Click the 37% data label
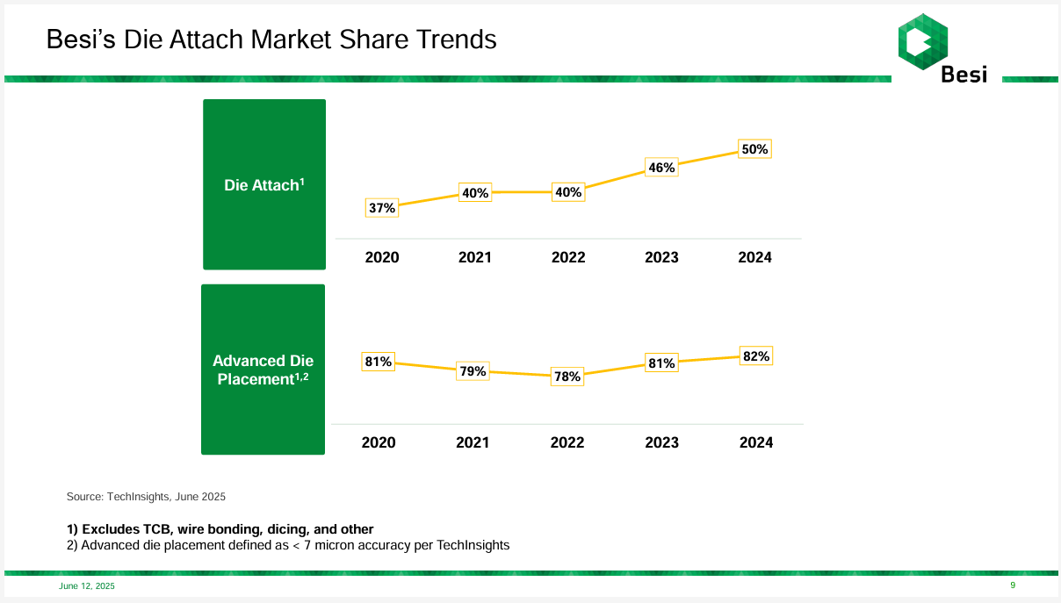[382, 208]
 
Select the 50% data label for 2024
[754, 149]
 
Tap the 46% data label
[661, 167]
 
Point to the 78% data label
[567, 377]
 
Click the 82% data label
[756, 356]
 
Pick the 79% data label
[473, 371]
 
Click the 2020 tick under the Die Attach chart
[382, 257]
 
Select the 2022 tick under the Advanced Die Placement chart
[567, 442]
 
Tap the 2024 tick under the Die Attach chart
[754, 257]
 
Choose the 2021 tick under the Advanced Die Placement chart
[473, 442]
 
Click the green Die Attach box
[264, 184]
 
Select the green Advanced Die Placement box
[263, 370]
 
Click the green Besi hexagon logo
[922, 41]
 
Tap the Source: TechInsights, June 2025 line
[146, 497]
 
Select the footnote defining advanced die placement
[288, 545]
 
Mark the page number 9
[1013, 585]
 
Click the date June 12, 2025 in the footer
[87, 586]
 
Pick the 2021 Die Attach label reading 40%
[475, 193]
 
